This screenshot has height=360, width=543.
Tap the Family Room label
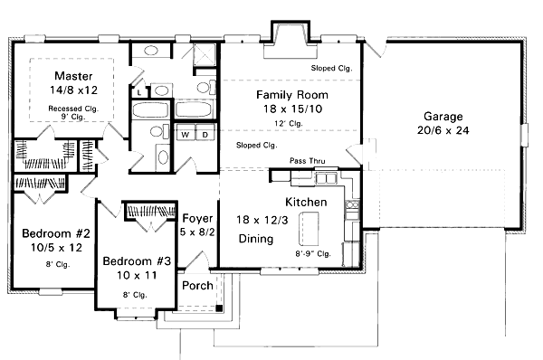pos(291,95)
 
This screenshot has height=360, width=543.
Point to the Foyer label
pos(197,219)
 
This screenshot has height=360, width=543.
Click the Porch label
pos(197,286)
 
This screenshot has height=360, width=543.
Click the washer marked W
pos(185,134)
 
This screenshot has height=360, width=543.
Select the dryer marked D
pos(204,134)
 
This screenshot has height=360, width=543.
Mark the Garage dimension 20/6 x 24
pos(443,131)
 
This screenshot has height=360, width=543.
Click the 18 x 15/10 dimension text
pos(291,109)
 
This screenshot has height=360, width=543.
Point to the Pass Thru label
pos(307,161)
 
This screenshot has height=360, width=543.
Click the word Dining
pos(257,239)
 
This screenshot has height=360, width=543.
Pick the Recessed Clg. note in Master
pos(72,109)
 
